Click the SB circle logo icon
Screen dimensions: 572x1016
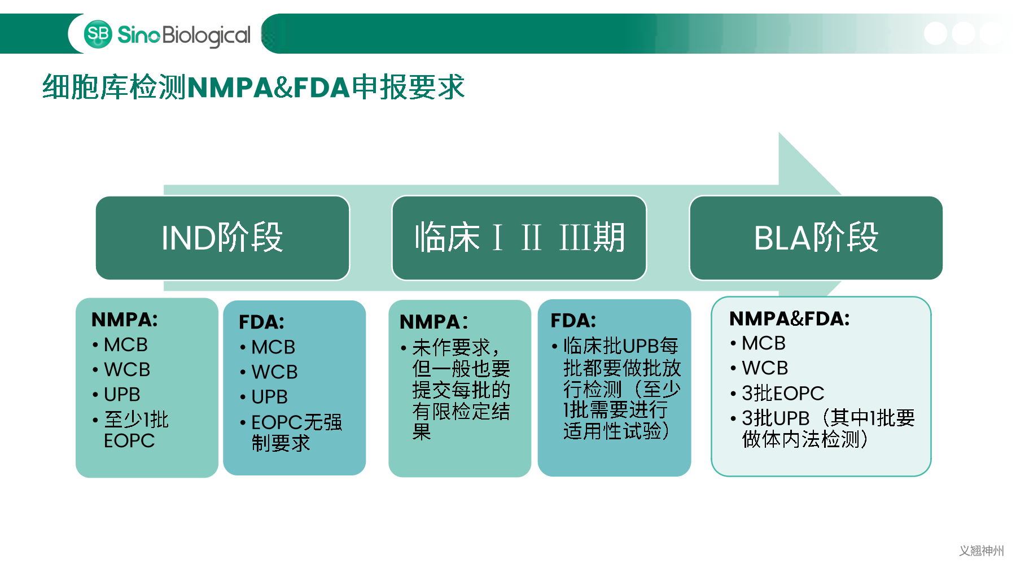(98, 34)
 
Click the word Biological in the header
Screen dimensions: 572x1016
(206, 36)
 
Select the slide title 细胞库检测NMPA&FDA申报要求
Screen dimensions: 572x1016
(253, 88)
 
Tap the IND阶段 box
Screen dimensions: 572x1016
(222, 238)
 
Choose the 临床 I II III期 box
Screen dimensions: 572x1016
(519, 238)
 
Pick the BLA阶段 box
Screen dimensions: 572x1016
(816, 238)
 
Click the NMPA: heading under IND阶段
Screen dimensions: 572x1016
(125, 320)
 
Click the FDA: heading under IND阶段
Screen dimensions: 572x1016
(261, 322)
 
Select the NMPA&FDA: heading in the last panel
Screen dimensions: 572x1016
(789, 318)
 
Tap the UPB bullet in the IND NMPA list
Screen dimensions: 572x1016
(122, 394)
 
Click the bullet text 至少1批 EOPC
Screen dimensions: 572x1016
(135, 430)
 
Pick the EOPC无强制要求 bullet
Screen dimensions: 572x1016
(296, 433)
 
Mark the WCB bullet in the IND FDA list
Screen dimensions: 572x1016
(274, 372)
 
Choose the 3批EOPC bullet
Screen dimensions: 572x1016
(782, 393)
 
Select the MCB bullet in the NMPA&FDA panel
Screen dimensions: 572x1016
(763, 343)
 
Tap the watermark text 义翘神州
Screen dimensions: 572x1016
(981, 551)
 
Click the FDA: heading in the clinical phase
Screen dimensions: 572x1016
(573, 321)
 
